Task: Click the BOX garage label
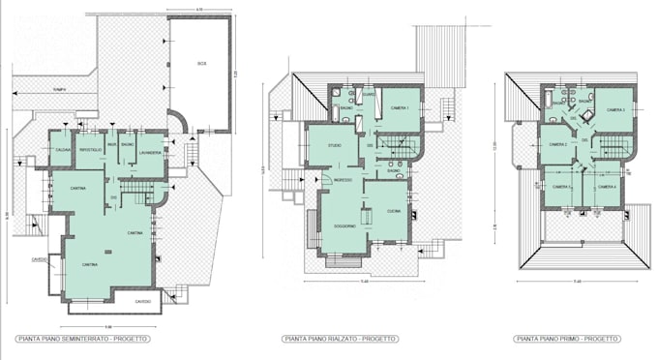[201, 64]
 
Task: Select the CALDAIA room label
[62, 149]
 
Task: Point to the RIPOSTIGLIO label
[90, 149]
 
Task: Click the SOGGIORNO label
[344, 225]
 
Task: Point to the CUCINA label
[394, 211]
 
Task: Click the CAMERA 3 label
[615, 110]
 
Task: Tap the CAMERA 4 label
[607, 187]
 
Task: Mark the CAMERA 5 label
[561, 187]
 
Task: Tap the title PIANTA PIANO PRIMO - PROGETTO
[567, 339]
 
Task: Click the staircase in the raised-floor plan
[399, 147]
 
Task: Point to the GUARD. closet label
[369, 94]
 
